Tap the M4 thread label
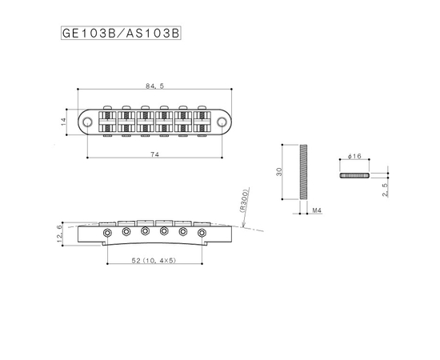click(317, 210)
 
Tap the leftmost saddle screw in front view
click(106, 231)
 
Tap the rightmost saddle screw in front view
click(202, 231)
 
